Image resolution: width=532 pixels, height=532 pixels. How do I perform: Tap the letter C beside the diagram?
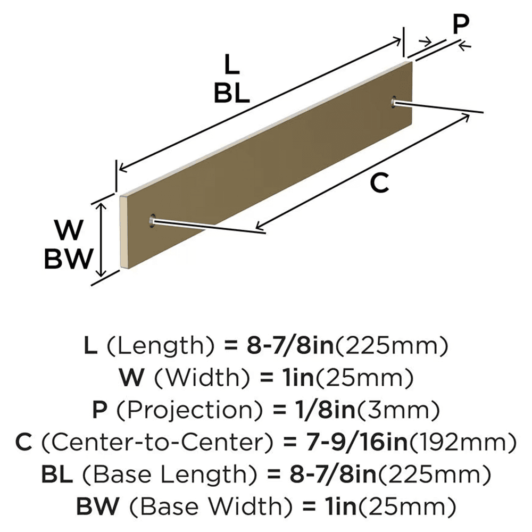pyautogui.click(x=379, y=183)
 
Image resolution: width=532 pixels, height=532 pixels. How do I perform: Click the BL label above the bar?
pyautogui.click(x=231, y=94)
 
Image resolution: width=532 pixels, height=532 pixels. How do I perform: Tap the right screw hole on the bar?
pyautogui.click(x=394, y=101)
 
